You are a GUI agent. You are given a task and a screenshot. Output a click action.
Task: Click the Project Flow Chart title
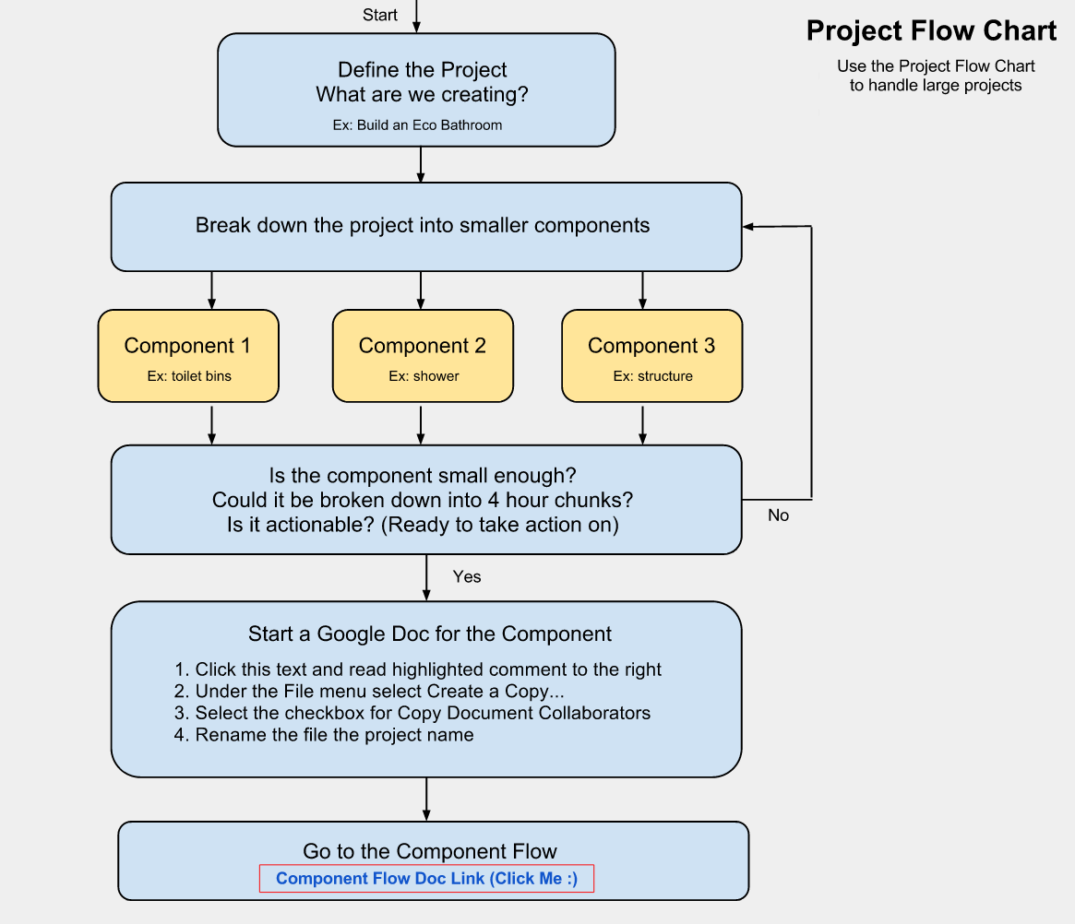click(x=931, y=30)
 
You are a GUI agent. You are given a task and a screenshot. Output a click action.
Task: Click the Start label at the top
click(x=380, y=15)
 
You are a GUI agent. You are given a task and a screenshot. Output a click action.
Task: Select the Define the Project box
click(x=416, y=89)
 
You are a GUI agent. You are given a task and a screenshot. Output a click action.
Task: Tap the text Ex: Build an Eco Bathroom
click(x=417, y=124)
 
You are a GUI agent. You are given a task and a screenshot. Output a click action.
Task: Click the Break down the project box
click(x=425, y=226)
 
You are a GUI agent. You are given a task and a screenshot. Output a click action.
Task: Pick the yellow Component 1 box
click(x=188, y=355)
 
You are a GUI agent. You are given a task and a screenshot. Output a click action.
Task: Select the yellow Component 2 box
click(x=423, y=355)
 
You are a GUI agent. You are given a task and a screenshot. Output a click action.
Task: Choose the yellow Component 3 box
click(x=651, y=355)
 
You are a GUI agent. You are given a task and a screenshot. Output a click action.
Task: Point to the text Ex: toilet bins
click(x=188, y=376)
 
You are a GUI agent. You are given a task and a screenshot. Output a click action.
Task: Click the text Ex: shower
click(x=424, y=376)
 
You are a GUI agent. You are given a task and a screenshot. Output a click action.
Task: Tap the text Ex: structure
click(x=652, y=376)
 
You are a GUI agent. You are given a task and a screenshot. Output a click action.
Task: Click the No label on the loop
click(x=778, y=515)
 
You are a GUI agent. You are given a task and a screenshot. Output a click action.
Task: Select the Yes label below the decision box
click(x=467, y=576)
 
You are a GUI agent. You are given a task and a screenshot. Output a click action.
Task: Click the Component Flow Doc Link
click(x=426, y=879)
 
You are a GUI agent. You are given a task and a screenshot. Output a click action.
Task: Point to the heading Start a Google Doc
click(x=429, y=634)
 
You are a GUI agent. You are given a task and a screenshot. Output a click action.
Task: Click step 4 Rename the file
click(x=324, y=735)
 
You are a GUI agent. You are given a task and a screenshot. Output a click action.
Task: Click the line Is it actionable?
click(x=423, y=525)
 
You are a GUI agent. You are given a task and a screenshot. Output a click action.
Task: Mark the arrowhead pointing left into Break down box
click(x=748, y=226)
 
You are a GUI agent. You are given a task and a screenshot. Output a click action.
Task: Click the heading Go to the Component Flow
click(x=429, y=851)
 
